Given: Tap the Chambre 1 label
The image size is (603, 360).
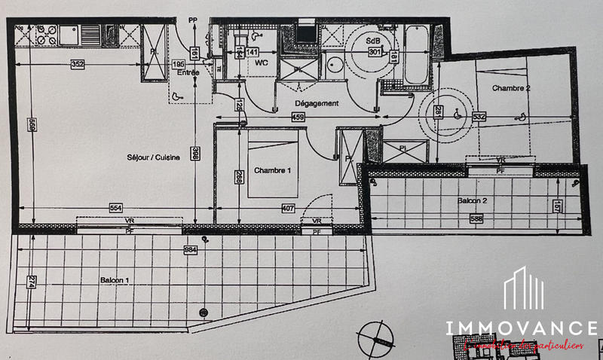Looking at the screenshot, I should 272,171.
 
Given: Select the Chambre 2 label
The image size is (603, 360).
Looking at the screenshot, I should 512,88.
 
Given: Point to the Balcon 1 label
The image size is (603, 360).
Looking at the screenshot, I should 115,280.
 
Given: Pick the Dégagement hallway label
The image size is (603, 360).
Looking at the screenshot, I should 317,103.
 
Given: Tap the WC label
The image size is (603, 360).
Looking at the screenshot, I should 263,63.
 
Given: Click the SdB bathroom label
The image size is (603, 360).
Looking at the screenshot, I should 373,41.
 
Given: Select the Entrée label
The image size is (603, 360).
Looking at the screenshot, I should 188,73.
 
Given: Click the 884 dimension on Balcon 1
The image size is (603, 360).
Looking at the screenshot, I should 191,248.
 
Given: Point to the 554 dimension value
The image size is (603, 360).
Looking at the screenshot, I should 115,207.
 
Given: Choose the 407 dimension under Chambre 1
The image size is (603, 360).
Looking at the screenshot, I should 288,207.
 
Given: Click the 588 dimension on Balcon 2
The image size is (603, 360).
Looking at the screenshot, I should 476,219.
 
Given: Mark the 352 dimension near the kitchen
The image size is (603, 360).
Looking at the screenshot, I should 78,64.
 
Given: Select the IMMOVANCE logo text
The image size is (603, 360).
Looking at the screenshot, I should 521,328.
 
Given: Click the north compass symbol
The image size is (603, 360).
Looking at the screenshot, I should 375,337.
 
